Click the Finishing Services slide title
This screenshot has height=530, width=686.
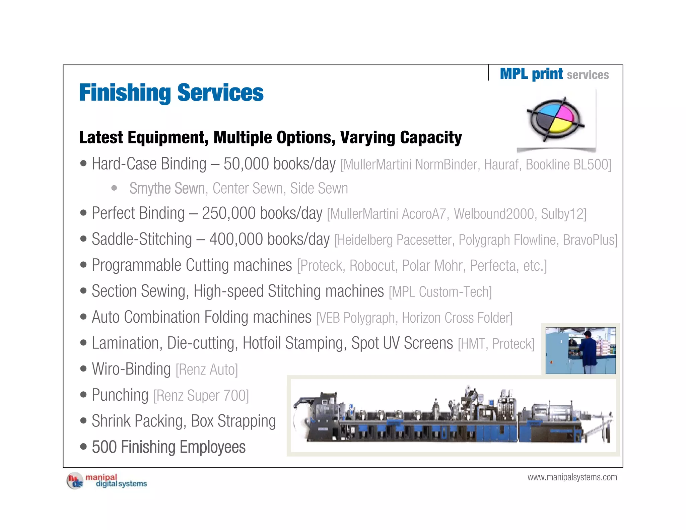point(171,93)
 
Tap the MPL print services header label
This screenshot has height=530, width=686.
point(554,74)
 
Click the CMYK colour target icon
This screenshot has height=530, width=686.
point(555,120)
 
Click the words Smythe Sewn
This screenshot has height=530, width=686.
point(167,188)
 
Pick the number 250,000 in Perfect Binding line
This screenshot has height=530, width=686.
point(228,213)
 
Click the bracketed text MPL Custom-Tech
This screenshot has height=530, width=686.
point(440,292)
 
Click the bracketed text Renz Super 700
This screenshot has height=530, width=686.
point(201,396)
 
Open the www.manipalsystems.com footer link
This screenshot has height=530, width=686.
point(572,477)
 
